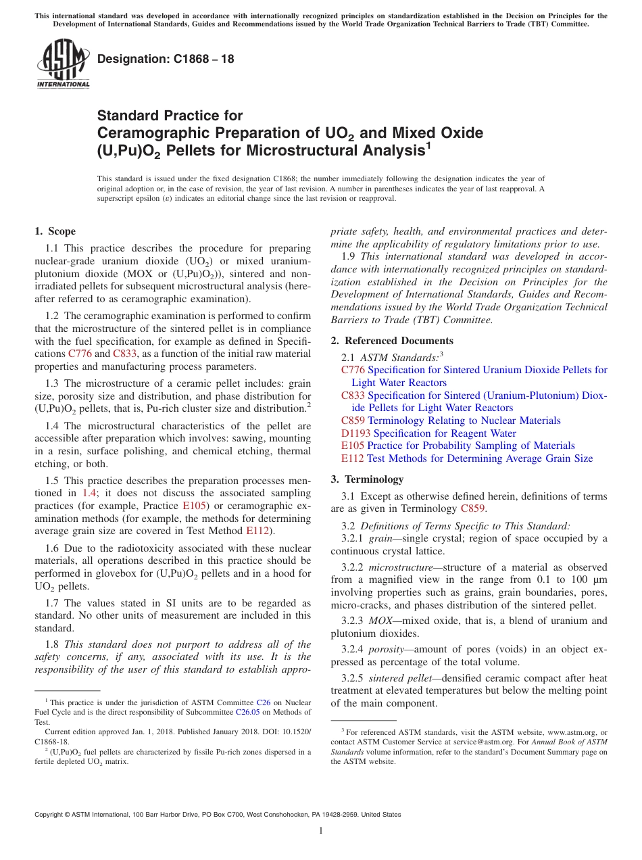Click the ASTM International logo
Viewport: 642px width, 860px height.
tap(62, 64)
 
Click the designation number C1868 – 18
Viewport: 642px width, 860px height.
tap(166, 59)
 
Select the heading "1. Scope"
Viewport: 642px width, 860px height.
tap(55, 231)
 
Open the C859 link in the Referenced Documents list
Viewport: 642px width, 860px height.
tap(353, 421)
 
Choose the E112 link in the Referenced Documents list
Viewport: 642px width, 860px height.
tap(353, 458)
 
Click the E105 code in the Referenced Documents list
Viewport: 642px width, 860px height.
tap(353, 446)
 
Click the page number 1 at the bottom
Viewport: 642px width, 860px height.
tap(321, 831)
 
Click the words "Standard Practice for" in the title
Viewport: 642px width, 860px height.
tap(170, 116)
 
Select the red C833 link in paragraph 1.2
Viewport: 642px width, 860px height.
tap(126, 354)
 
